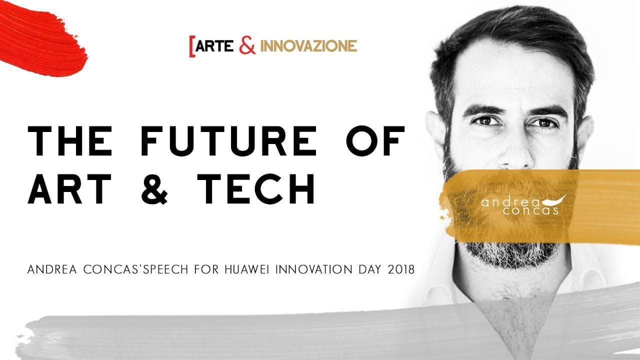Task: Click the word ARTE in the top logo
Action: pyautogui.click(x=214, y=46)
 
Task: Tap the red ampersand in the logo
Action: pyautogui.click(x=247, y=45)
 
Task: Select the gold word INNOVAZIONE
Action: pyautogui.click(x=309, y=46)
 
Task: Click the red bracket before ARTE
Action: pyautogui.click(x=192, y=46)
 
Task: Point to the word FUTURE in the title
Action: pyautogui.click(x=228, y=141)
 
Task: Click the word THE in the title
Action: pyautogui.click(x=69, y=141)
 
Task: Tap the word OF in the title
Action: pyautogui.click(x=375, y=141)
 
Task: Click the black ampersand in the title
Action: pyautogui.click(x=154, y=188)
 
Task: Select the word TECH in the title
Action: pyautogui.click(x=256, y=188)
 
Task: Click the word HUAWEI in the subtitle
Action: pyautogui.click(x=247, y=269)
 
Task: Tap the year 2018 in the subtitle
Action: pyautogui.click(x=401, y=269)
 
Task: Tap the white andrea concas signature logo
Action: pyautogui.click(x=523, y=205)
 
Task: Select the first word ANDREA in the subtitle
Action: pyautogui.click(x=52, y=269)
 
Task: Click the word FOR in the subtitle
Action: pyautogui.click(x=206, y=269)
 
